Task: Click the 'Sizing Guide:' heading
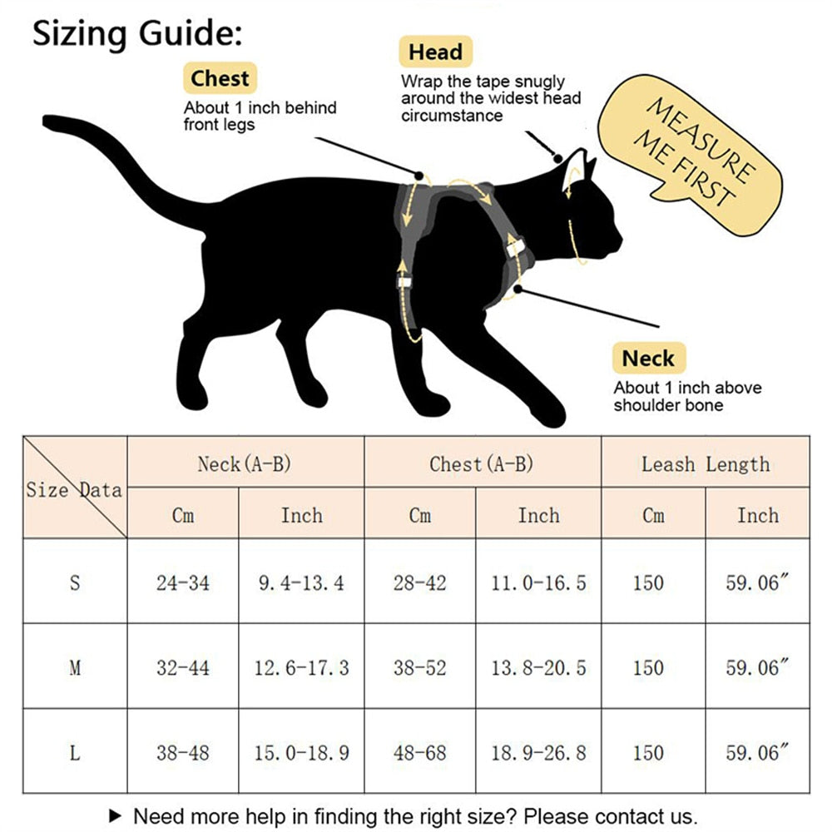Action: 137,35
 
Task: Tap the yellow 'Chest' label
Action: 220,79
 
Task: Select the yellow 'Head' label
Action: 435,52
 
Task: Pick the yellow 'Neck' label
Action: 648,359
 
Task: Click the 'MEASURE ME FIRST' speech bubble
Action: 695,155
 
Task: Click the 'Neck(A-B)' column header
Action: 245,463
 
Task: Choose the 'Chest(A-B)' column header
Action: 482,463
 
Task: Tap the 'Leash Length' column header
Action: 705,463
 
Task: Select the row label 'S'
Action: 75,582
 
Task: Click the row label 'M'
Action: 75,667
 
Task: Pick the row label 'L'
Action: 75,753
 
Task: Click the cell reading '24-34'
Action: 182,582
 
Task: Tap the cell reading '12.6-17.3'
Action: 301,667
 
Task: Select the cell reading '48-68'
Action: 419,753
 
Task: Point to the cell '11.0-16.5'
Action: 538,582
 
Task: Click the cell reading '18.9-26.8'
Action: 538,753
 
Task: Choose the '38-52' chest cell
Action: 419,667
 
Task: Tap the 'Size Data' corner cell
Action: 74,489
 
